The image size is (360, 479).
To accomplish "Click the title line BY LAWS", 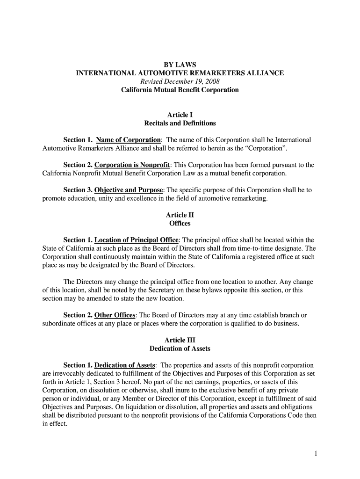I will [x=180, y=64].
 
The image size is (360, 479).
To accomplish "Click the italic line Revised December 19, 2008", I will [x=180, y=81].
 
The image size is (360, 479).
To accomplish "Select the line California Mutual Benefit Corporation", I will [x=180, y=90].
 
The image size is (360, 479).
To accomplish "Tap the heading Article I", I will [x=180, y=115].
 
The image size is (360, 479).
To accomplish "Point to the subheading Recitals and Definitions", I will [x=180, y=123].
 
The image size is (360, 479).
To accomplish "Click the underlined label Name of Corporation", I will [x=128, y=140].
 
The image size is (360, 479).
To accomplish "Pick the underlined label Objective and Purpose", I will [x=129, y=191].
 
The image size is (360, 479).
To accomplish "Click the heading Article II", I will [x=180, y=215].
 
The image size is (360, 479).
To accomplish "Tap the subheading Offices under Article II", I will [x=180, y=224].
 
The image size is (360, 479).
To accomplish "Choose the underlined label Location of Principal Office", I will [x=136, y=240].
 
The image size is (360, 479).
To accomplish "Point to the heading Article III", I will [x=180, y=340].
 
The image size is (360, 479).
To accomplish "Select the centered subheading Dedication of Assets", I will [x=180, y=348].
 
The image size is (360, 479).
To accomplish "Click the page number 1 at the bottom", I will [x=316, y=454].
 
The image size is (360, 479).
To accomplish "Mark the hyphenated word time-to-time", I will [x=260, y=249].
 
